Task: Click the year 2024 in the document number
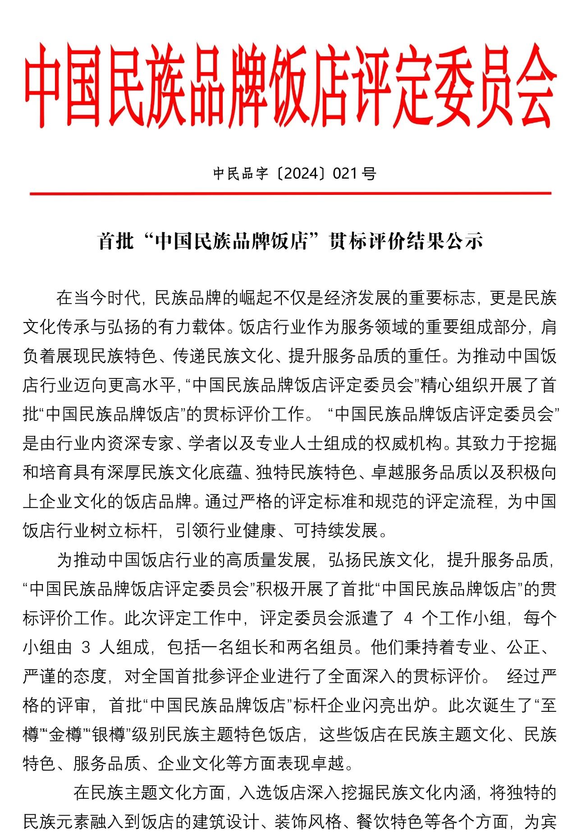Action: click(x=301, y=173)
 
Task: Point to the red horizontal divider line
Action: click(x=290, y=193)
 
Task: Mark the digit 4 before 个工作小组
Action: click(x=408, y=618)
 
